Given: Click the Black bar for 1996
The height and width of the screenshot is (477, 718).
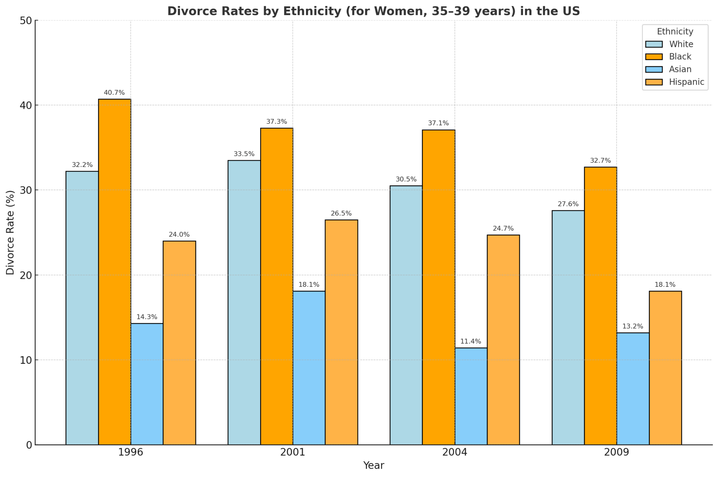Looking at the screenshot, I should (114, 272).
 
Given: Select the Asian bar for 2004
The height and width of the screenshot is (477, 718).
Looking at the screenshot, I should (471, 396).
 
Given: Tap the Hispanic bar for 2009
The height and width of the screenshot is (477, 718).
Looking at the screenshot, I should (665, 368).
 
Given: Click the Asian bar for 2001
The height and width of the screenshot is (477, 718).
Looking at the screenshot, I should (309, 368).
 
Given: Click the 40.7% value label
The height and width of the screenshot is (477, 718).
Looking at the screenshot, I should (114, 93).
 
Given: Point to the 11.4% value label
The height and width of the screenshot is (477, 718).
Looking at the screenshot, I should (471, 342).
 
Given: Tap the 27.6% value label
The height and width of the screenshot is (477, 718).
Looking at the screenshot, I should (568, 204).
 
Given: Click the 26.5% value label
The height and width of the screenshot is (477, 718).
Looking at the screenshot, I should (341, 214).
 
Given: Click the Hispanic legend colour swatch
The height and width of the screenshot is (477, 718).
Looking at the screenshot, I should (654, 82).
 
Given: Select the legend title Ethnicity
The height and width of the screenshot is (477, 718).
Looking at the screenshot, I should (675, 32).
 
